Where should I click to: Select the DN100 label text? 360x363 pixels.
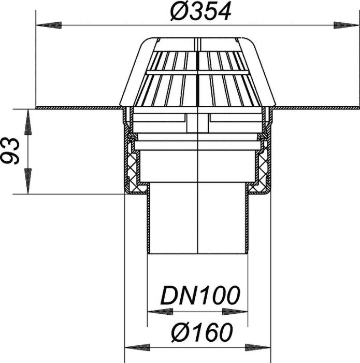tap(200, 296)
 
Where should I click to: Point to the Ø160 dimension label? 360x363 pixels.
tap(202, 332)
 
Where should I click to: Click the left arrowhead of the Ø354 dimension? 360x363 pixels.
tap(49, 25)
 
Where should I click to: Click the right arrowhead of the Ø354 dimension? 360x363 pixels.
tap(347, 25)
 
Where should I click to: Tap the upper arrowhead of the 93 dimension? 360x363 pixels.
tap(28, 122)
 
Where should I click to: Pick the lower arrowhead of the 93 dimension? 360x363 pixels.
tap(28, 181)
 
